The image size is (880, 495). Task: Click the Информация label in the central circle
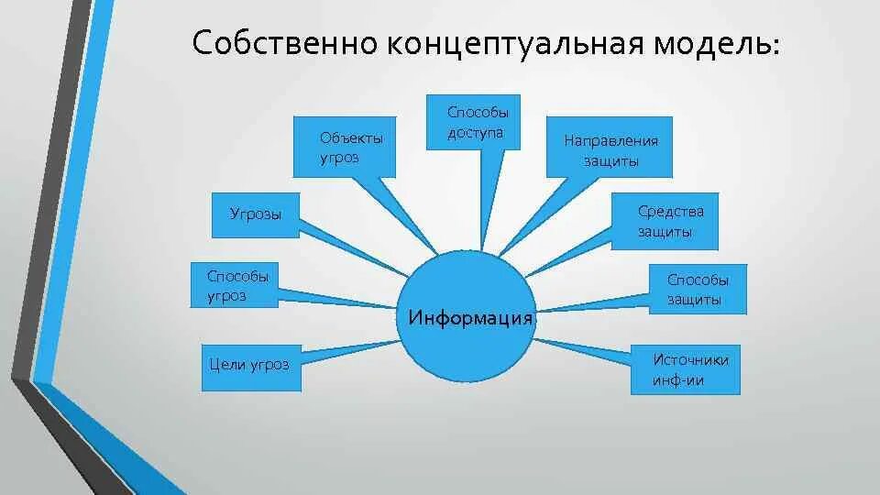click(x=470, y=318)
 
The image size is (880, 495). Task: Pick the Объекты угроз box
click(x=345, y=147)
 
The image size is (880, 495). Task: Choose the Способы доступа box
click(x=474, y=122)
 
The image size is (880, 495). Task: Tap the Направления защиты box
click(x=610, y=147)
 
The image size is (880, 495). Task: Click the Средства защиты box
click(x=665, y=222)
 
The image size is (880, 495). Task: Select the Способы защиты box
click(x=698, y=289)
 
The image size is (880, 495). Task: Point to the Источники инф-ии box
click(x=686, y=370)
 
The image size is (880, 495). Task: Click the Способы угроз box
click(x=234, y=285)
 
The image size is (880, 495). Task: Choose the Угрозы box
click(x=256, y=214)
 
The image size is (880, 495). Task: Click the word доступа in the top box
click(x=476, y=133)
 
